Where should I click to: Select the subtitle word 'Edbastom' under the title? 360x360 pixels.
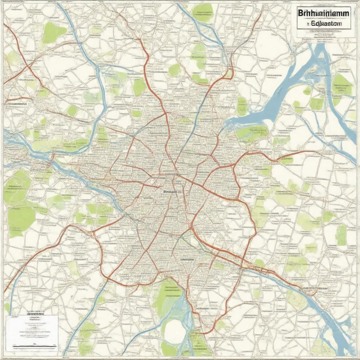pyautogui.click(x=327, y=24)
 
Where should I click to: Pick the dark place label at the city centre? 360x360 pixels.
pyautogui.click(x=172, y=192)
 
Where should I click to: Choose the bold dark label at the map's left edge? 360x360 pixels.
pyautogui.click(x=16, y=104)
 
